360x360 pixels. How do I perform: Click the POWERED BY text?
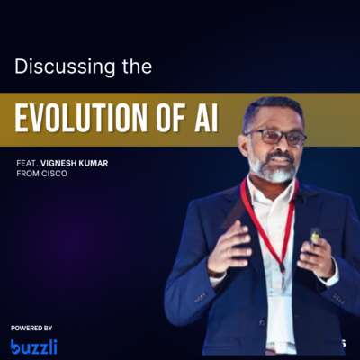tap(32, 328)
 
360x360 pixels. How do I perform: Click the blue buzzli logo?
tap(34, 346)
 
